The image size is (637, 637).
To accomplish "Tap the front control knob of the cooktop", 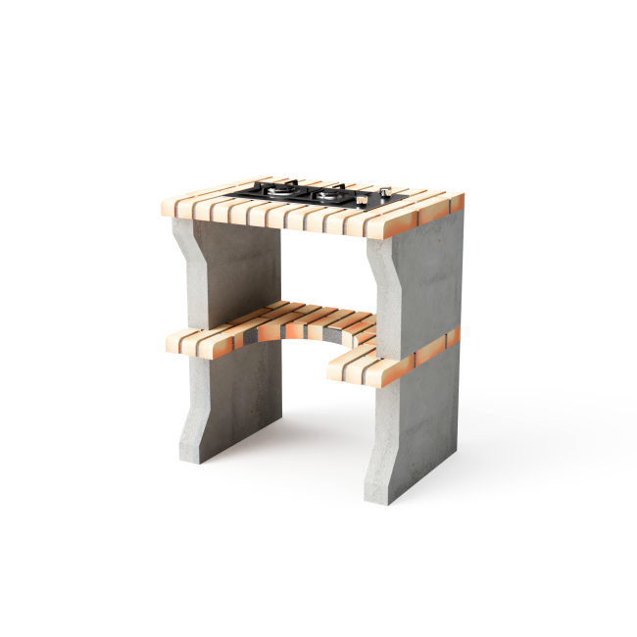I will pos(364,199).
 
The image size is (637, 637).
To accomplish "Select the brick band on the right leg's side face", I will pos(437,346).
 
